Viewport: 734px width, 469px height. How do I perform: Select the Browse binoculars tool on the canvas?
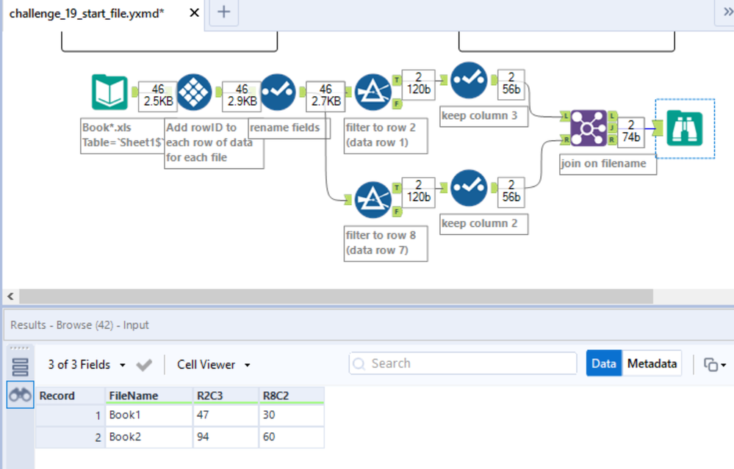(685, 129)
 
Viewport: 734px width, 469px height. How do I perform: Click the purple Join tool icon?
(588, 129)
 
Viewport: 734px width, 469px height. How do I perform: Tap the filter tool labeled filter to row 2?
(373, 92)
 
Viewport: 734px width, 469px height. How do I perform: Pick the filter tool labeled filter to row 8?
(373, 200)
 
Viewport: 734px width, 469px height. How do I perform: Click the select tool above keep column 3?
(469, 81)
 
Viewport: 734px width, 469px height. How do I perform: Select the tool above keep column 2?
(469, 189)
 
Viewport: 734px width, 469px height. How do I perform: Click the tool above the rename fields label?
(278, 92)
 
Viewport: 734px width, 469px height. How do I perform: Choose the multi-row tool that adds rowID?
(195, 92)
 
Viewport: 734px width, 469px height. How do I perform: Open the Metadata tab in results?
(652, 363)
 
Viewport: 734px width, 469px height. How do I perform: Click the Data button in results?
(603, 363)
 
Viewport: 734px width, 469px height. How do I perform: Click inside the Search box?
(470, 363)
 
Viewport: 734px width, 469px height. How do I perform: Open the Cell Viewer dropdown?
(214, 365)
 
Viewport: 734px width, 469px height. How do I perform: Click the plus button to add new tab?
(224, 12)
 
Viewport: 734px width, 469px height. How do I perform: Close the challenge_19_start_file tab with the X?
(195, 13)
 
